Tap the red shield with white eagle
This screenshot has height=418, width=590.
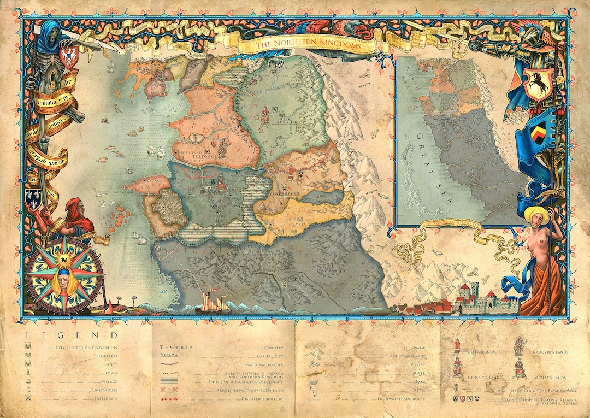point(68,57)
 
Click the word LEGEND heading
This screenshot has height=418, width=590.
point(71,336)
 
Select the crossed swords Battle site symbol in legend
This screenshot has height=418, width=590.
point(29,399)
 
